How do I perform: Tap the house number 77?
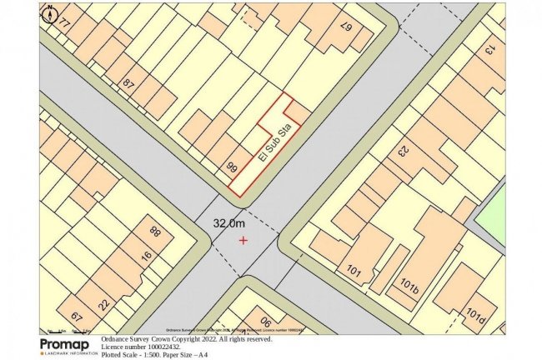(63, 23)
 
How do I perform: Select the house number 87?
(128, 84)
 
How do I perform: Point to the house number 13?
(489, 50)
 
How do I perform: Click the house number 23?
(400, 152)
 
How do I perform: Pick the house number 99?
(233, 167)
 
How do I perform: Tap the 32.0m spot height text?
(229, 223)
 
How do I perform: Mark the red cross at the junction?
(243, 241)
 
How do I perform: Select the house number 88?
(154, 231)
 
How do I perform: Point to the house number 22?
(103, 302)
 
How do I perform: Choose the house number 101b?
(409, 286)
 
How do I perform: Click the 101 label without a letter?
(353, 271)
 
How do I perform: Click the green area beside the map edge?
(493, 213)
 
